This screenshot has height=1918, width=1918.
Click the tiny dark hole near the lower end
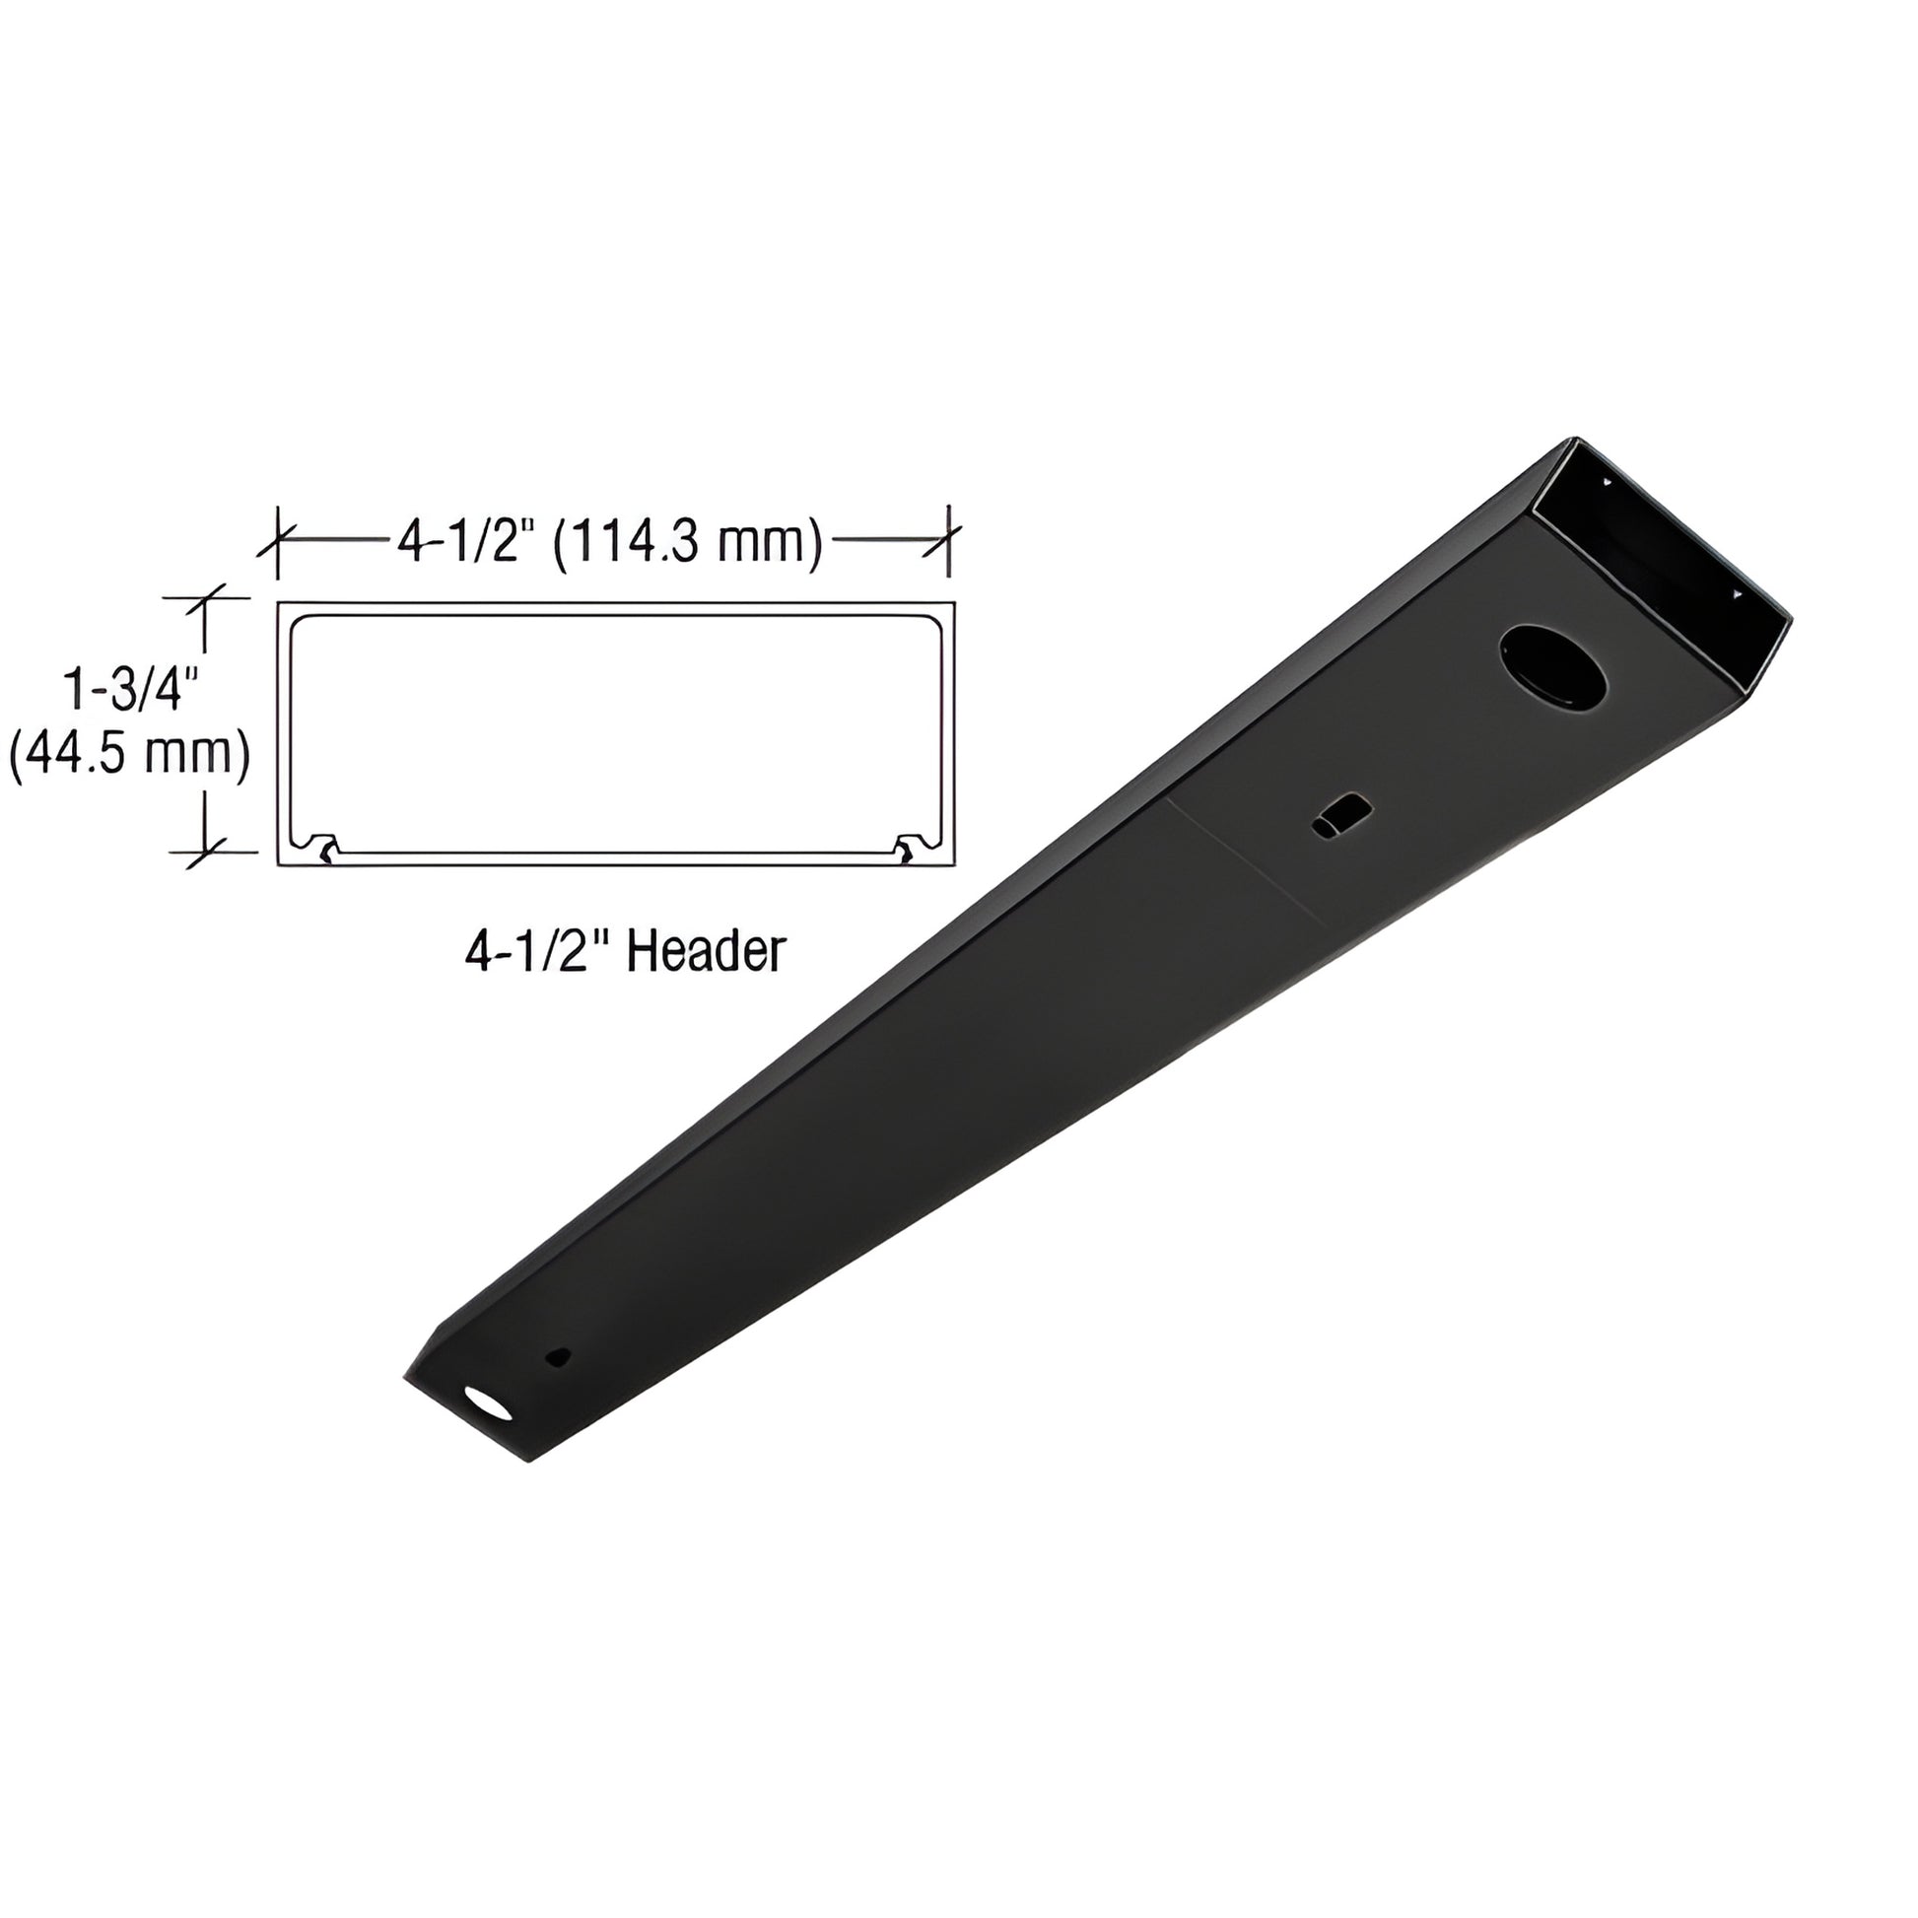click(x=561, y=1355)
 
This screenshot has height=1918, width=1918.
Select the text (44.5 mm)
click(x=129, y=756)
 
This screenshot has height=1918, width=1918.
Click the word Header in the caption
click(x=707, y=952)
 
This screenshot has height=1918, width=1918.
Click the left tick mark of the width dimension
click(x=277, y=541)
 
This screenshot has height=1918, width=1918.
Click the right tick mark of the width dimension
click(x=950, y=541)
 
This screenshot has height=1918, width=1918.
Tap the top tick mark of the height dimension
click(x=204, y=598)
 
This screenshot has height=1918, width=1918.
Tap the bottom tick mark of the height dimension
click(x=204, y=851)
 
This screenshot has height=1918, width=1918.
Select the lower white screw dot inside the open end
click(x=1736, y=594)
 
